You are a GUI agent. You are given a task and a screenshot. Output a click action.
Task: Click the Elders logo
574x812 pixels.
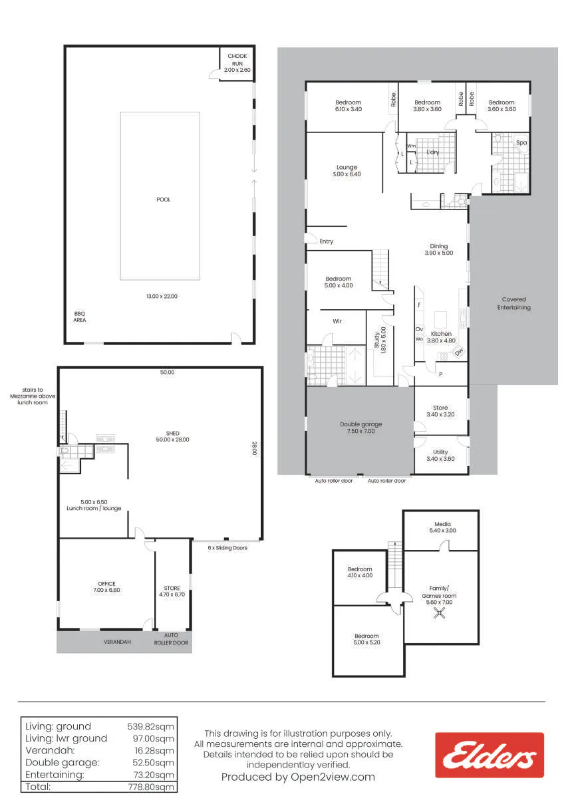click(x=489, y=755)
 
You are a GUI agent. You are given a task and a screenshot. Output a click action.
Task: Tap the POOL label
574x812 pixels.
click(x=163, y=200)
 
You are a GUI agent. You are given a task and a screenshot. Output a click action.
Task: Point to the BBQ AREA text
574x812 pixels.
click(x=80, y=317)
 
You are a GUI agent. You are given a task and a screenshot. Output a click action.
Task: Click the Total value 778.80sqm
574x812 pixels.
click(x=151, y=787)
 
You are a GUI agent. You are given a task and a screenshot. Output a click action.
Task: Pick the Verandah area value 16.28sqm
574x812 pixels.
click(x=154, y=751)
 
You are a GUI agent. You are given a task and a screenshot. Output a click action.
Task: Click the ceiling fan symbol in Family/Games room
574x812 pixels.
click(x=439, y=613)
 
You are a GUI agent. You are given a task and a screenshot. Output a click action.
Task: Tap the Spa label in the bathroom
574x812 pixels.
click(x=521, y=142)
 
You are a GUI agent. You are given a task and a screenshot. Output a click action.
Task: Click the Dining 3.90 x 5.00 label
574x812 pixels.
click(x=439, y=249)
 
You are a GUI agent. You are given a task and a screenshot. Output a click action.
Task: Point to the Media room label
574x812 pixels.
click(x=442, y=527)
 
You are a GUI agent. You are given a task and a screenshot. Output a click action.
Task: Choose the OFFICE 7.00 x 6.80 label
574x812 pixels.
click(x=106, y=587)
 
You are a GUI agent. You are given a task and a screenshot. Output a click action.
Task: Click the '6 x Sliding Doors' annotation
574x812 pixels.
click(x=227, y=547)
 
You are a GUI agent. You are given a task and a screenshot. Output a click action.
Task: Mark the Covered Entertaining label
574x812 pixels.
click(x=514, y=303)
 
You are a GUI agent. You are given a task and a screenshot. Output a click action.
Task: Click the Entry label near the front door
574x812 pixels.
click(x=326, y=241)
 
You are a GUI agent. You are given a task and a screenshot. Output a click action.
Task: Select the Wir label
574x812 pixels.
click(x=337, y=321)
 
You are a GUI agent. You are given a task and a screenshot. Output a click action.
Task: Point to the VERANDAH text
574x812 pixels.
click(x=117, y=642)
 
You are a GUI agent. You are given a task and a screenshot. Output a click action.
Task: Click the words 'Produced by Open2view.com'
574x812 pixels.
click(x=298, y=777)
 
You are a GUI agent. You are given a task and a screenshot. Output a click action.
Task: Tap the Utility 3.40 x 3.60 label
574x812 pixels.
click(x=440, y=456)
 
